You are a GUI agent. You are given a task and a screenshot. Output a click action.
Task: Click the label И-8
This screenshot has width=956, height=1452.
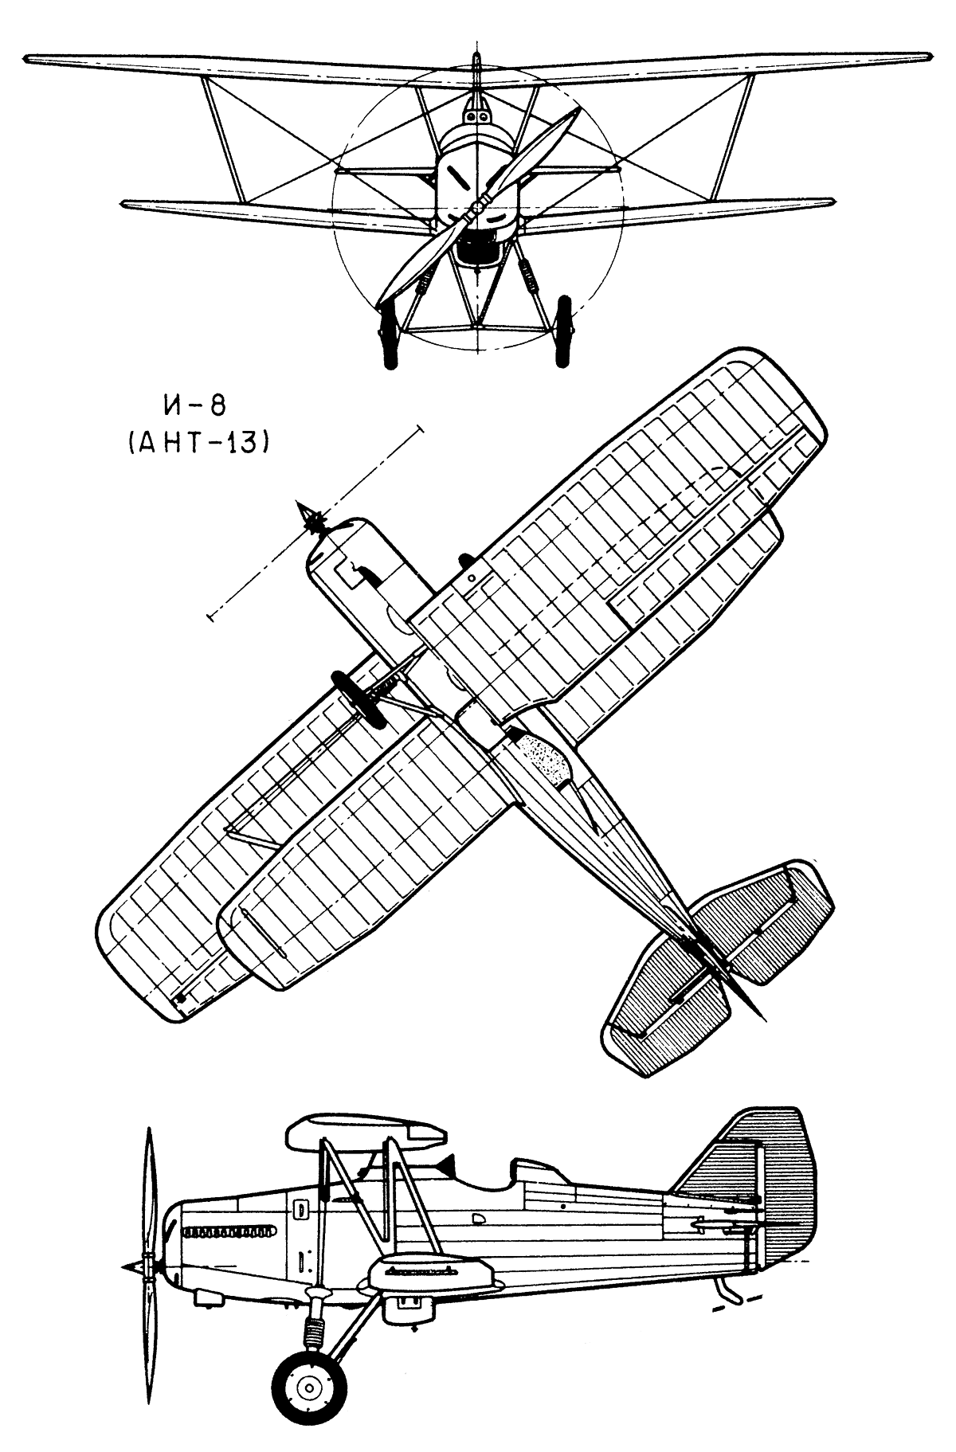[x=194, y=407]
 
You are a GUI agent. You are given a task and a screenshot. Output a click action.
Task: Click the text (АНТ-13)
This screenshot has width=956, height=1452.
[x=194, y=443]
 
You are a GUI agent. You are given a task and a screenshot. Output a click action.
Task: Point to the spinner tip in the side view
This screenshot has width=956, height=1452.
[x=125, y=1266]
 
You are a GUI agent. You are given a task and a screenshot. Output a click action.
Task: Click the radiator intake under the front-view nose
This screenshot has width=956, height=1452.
[x=478, y=249]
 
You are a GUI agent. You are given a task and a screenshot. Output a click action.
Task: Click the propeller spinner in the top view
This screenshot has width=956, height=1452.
[x=311, y=519]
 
